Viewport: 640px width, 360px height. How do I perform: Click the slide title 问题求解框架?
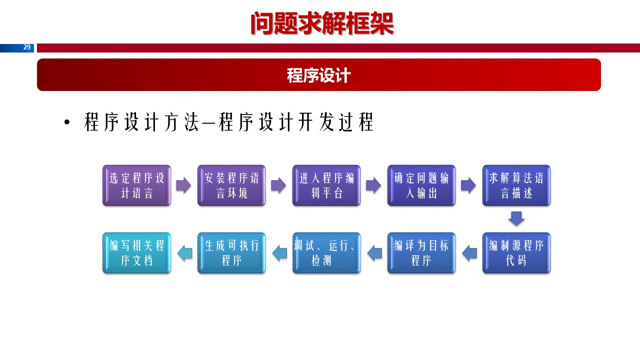point(322,23)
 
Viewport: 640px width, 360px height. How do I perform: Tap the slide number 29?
point(27,47)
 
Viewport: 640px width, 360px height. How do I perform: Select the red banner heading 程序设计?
point(319,75)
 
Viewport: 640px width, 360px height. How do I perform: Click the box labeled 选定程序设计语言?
point(136,185)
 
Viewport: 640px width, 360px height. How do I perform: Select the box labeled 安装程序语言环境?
point(231,185)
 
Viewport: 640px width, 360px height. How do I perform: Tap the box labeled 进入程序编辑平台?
point(326,185)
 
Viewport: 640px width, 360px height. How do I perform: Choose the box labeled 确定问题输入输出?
point(421,185)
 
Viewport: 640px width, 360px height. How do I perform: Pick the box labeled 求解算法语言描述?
point(516,185)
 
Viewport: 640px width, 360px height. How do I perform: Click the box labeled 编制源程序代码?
point(516,253)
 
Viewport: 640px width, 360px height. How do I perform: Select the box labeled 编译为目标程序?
point(421,253)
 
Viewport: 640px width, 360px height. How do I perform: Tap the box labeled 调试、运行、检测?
point(326,253)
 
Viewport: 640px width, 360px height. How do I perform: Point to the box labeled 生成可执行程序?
point(231,253)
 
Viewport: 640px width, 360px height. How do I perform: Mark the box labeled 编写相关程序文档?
point(136,253)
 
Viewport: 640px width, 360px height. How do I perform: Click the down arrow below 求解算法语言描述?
point(516,218)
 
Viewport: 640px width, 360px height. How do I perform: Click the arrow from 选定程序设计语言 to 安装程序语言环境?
point(183,185)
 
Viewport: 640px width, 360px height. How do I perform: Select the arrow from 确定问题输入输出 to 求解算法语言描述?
point(468,185)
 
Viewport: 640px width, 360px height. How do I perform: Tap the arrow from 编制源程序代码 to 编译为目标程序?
point(469,253)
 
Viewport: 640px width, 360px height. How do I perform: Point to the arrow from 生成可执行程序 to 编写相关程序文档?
point(184,253)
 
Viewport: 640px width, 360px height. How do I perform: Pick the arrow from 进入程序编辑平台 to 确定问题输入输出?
point(373,185)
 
